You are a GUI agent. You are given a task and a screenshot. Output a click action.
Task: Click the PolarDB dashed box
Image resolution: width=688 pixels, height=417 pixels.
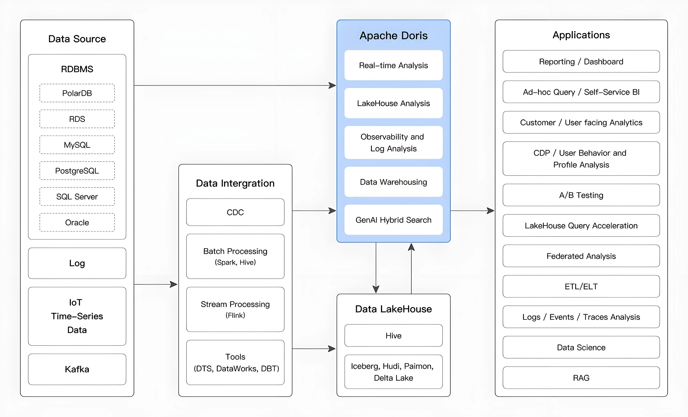click(x=77, y=93)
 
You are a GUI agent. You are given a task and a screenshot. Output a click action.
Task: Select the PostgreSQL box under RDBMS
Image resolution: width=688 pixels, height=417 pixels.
click(x=77, y=170)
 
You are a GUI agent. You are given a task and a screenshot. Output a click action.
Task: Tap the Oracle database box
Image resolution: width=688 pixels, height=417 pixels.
click(x=77, y=222)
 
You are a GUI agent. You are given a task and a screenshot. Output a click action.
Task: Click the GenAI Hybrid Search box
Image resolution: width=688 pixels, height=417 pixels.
click(x=393, y=220)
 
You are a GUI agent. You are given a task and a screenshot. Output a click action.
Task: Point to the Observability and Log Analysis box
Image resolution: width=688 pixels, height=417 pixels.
click(x=393, y=143)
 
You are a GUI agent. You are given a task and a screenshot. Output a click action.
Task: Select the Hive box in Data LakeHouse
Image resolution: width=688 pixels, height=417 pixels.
click(x=393, y=335)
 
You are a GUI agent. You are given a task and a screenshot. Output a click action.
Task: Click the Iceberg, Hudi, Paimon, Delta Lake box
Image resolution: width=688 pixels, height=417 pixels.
click(x=393, y=372)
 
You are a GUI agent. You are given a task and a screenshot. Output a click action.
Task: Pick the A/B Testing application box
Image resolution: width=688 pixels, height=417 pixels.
click(x=581, y=195)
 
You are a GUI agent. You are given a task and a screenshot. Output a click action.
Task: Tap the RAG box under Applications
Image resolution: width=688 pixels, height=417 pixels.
click(x=581, y=378)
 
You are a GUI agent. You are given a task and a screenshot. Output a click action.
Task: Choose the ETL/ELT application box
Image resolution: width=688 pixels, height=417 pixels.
click(x=581, y=286)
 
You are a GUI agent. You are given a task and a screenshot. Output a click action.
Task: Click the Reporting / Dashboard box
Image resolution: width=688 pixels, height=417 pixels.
click(x=581, y=61)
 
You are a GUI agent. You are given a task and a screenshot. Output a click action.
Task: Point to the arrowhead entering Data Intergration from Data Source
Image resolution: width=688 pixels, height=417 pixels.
click(x=174, y=284)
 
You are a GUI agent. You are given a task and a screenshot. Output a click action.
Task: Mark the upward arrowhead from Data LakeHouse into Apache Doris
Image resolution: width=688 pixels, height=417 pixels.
click(x=411, y=247)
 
